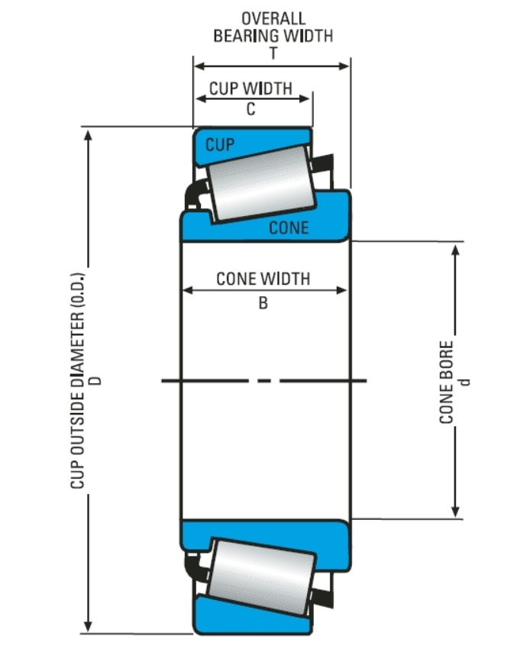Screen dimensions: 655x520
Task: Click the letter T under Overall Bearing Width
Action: click(273, 53)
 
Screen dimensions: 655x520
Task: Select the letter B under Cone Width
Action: click(263, 303)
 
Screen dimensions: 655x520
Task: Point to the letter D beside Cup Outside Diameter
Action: click(96, 379)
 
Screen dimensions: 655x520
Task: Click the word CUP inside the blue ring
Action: click(220, 144)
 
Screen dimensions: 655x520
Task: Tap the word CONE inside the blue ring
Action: click(289, 227)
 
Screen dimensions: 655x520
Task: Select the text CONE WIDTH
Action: click(263, 279)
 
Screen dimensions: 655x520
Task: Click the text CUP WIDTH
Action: click(250, 88)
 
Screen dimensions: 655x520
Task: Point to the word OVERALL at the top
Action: click(273, 18)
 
